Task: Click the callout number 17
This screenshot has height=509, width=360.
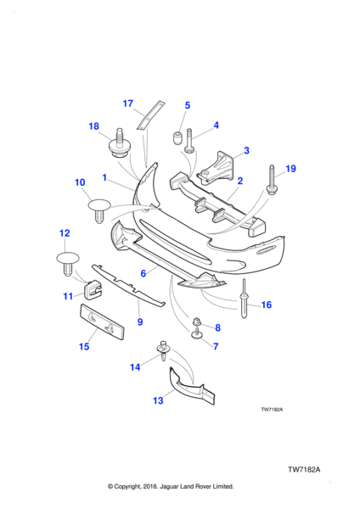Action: (x=128, y=103)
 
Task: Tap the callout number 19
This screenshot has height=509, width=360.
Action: (x=290, y=169)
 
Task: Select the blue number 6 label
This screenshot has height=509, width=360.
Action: (x=143, y=273)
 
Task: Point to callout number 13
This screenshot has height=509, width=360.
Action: (x=158, y=400)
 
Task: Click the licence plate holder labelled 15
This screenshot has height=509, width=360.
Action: (x=102, y=322)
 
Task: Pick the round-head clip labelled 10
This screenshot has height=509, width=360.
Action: (x=99, y=210)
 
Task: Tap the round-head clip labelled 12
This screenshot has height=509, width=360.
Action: (x=68, y=264)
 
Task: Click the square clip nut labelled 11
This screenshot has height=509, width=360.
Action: (x=93, y=289)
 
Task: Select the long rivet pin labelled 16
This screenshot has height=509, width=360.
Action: (x=245, y=299)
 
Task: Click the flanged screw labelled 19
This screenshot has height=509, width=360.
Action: (x=272, y=180)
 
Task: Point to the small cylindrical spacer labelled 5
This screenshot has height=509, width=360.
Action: (x=177, y=138)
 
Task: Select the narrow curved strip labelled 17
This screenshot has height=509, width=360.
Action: (x=149, y=115)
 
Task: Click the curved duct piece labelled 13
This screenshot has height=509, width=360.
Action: (x=192, y=387)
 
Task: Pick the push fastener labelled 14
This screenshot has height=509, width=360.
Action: (x=164, y=351)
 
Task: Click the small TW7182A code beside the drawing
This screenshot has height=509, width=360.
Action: (x=272, y=410)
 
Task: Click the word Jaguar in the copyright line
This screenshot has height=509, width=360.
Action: (x=169, y=486)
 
